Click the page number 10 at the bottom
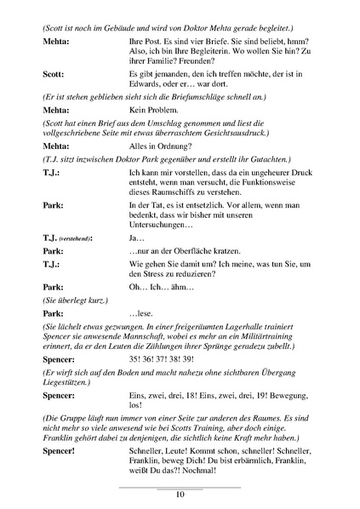tap(180, 494)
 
